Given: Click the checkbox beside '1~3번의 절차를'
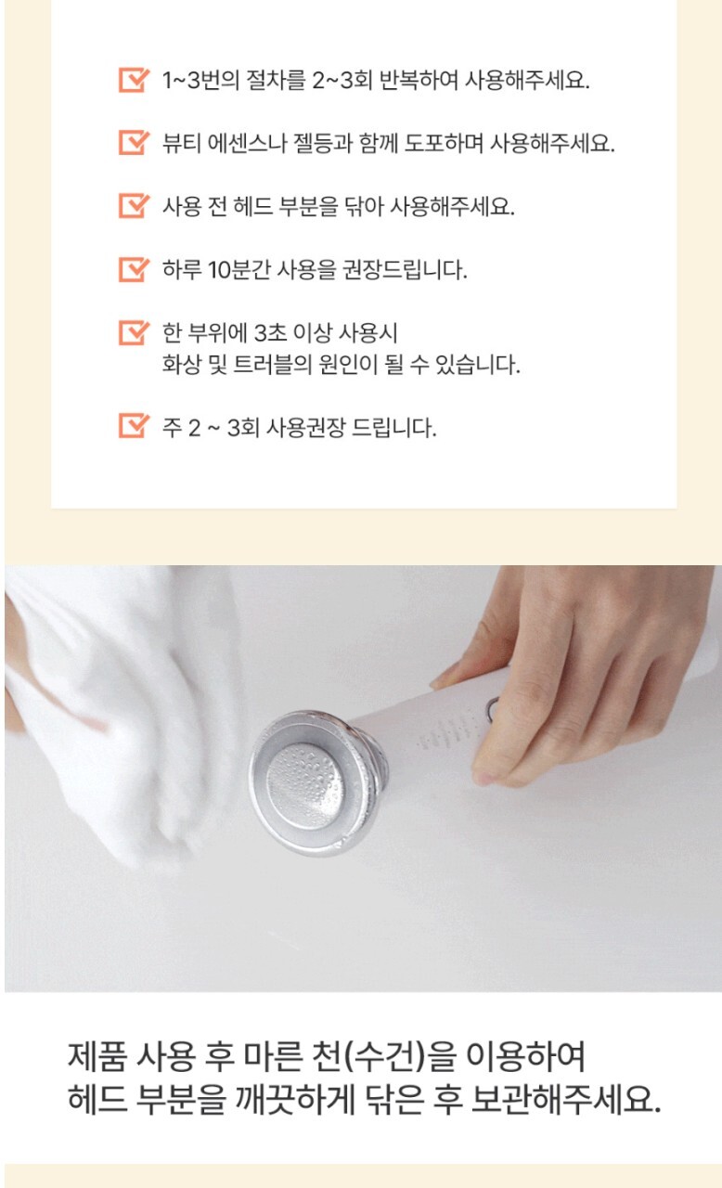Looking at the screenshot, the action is click(x=133, y=80).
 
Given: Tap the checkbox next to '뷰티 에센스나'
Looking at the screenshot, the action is click(x=133, y=143).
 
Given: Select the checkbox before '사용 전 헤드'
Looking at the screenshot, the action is click(x=133, y=206).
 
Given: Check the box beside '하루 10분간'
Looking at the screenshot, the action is click(x=133, y=269).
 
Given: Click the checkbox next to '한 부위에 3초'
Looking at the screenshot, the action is click(x=133, y=332).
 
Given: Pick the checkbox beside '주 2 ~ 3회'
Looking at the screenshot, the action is click(x=133, y=426).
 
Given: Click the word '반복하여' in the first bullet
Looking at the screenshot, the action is click(x=419, y=81).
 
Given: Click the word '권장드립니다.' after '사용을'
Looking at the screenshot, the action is click(x=405, y=270).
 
